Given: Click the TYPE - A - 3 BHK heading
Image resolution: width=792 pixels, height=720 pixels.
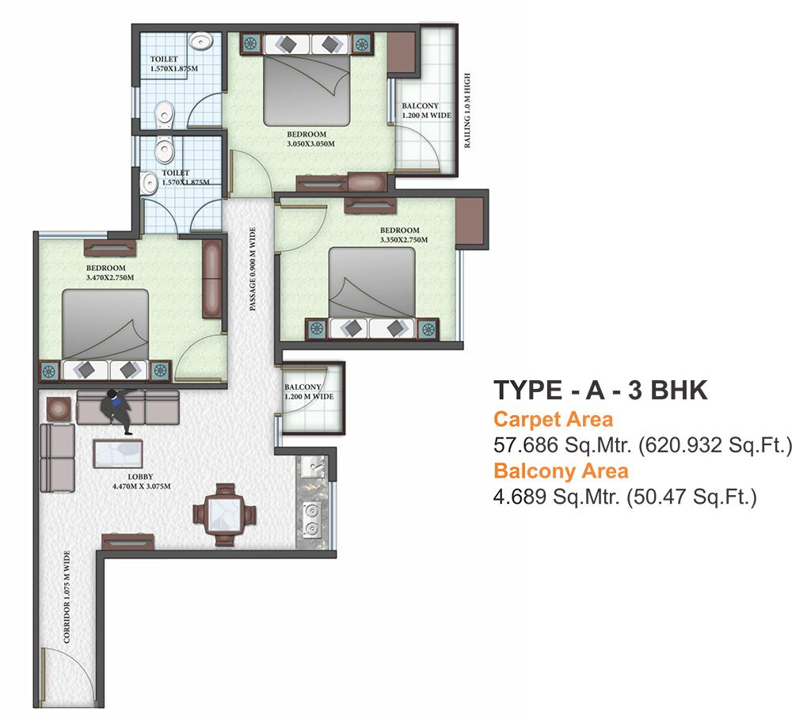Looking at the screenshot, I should [600, 391].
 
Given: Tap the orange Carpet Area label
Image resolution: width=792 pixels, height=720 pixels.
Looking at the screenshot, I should [553, 419].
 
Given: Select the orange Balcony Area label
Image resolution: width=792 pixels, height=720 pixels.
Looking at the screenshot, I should [561, 470].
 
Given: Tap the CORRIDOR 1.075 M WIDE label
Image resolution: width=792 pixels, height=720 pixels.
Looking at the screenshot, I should [68, 596].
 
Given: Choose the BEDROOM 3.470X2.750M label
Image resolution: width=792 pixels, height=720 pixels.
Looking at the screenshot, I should [110, 273].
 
